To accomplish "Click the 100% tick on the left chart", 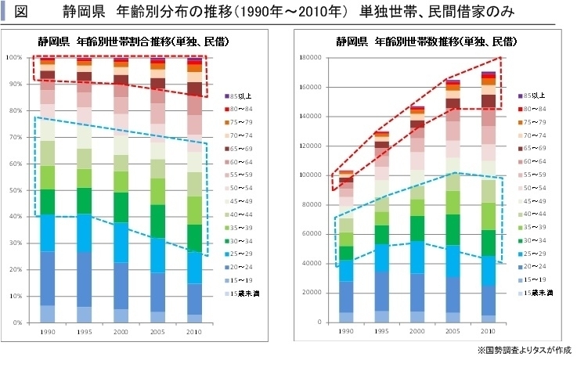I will click(15, 58).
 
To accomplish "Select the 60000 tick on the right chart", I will click(310, 234).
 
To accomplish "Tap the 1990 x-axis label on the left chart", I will click(47, 331).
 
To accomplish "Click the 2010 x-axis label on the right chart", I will click(488, 331).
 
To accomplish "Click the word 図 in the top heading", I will click(21, 11).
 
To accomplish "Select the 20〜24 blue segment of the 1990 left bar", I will click(47, 278).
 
